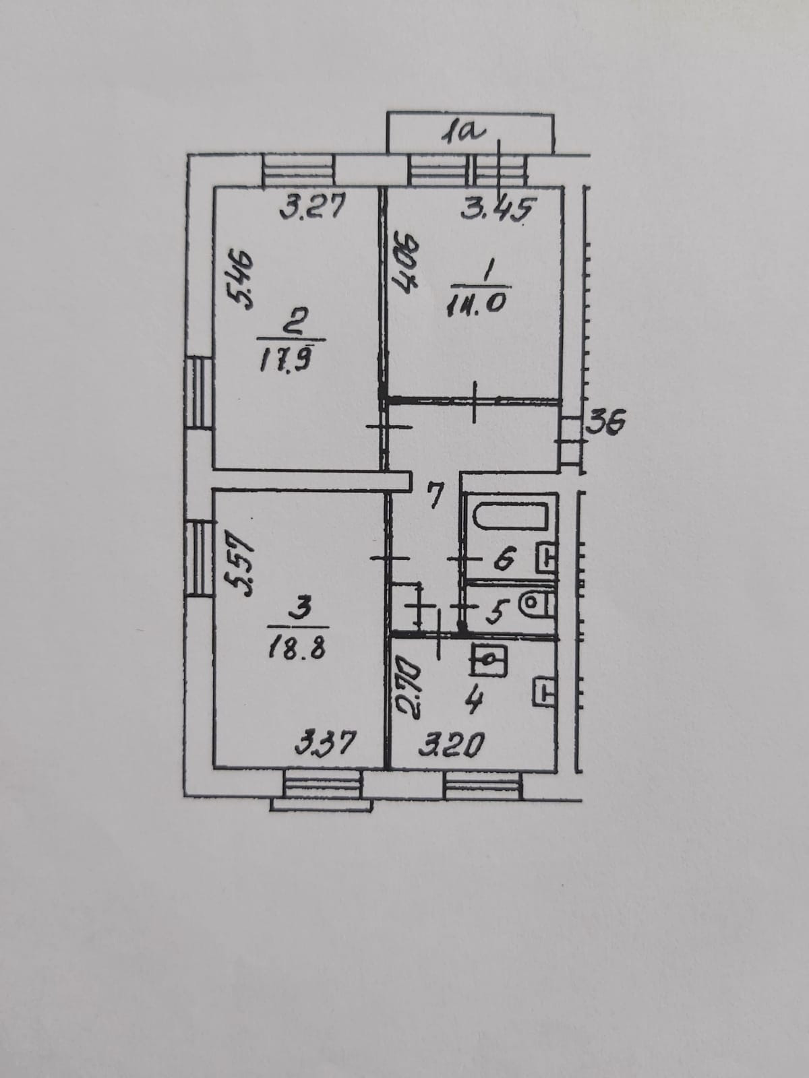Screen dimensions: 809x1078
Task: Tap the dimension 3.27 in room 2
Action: pos(313,207)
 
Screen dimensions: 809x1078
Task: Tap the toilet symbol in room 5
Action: pos(537,603)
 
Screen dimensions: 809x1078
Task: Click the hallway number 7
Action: pos(436,497)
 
